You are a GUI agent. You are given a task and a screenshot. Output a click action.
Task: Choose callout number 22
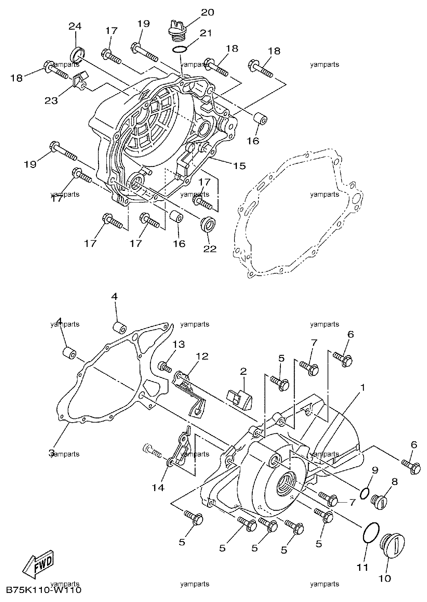(210, 249)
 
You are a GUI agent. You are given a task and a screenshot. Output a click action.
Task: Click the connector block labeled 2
(239, 398)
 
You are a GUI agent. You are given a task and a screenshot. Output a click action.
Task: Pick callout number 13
(179, 345)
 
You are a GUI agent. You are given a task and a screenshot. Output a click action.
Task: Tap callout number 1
(363, 387)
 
